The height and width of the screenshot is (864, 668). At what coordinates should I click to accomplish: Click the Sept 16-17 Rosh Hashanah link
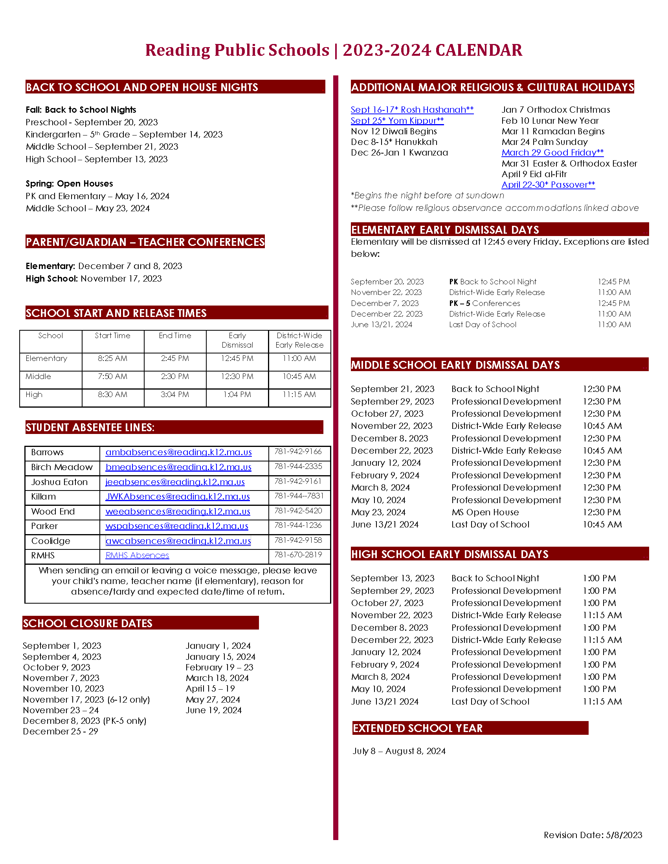coord(412,110)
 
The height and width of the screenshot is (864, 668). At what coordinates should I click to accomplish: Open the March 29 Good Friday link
coord(552,152)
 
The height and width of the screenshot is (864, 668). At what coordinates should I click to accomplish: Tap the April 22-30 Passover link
coord(548,185)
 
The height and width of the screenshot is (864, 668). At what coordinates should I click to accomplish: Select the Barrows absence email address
coord(178,452)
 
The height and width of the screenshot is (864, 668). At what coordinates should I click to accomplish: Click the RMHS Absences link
coord(137,555)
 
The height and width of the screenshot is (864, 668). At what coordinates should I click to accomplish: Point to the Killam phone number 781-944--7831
coord(299,496)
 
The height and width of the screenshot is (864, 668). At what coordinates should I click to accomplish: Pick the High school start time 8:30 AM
coord(113,394)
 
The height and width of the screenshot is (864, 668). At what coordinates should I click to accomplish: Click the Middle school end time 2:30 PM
coord(175,376)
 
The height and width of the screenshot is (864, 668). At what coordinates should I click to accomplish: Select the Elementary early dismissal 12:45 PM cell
coord(237,359)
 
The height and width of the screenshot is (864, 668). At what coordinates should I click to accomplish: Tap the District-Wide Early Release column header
coord(299,340)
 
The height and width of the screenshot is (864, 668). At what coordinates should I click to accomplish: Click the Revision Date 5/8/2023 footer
coord(593,835)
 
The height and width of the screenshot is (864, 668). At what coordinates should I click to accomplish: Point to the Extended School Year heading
coord(418,728)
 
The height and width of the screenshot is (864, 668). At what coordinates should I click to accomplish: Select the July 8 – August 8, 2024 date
coord(399,751)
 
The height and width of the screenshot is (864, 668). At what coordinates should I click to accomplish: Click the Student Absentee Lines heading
coord(90,428)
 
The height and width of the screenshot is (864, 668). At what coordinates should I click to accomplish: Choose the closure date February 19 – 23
coord(219,667)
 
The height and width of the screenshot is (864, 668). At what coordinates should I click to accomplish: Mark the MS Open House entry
coord(485,512)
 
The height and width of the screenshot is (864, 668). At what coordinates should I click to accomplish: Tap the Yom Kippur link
coord(397,121)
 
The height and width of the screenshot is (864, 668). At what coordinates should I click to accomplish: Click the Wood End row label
coord(53,511)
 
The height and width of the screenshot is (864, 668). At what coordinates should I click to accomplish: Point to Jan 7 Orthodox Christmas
coord(556,110)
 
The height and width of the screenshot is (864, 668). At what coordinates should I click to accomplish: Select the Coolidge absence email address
coord(178,541)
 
